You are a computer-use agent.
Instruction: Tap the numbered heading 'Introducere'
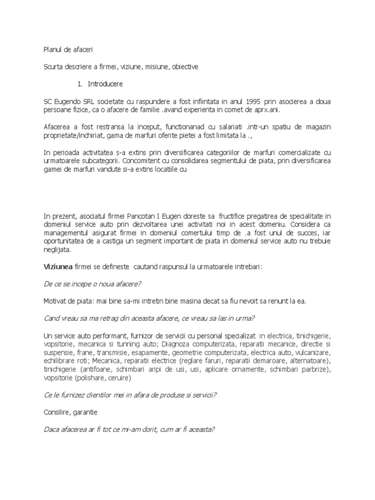click(x=105, y=83)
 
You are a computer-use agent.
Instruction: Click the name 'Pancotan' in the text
click(x=137, y=215)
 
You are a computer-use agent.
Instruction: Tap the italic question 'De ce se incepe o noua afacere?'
click(x=92, y=284)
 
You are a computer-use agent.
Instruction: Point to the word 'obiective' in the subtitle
click(x=184, y=66)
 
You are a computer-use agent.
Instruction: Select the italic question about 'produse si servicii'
click(x=130, y=395)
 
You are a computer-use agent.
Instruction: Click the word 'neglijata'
click(x=57, y=249)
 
